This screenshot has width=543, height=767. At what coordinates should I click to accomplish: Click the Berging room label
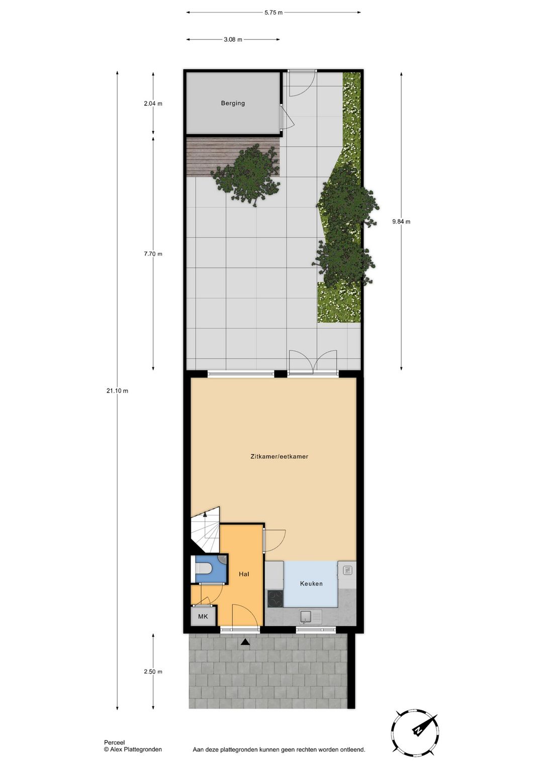point(233,103)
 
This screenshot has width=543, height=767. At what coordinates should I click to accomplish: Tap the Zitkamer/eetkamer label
point(279,456)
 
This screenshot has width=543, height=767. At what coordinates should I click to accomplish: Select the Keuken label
point(311,584)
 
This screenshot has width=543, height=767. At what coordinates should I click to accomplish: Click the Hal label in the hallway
point(244,574)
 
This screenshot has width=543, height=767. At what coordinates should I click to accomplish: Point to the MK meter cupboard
point(203,616)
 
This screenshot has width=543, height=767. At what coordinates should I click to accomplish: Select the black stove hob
point(275,598)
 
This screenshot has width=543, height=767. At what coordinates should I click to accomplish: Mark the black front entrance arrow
point(245,642)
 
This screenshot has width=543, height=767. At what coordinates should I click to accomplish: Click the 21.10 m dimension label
point(117,391)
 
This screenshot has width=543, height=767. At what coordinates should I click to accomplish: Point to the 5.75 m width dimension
point(274,13)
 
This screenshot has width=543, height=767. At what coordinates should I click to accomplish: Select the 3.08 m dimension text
point(233,39)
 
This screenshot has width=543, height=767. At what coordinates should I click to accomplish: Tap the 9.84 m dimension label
point(401,221)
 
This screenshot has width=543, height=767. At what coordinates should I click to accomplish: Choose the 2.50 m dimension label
point(153,672)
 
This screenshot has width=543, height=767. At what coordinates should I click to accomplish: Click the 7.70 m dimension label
point(153,254)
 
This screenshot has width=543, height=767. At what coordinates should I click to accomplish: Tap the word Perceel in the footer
point(114,742)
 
